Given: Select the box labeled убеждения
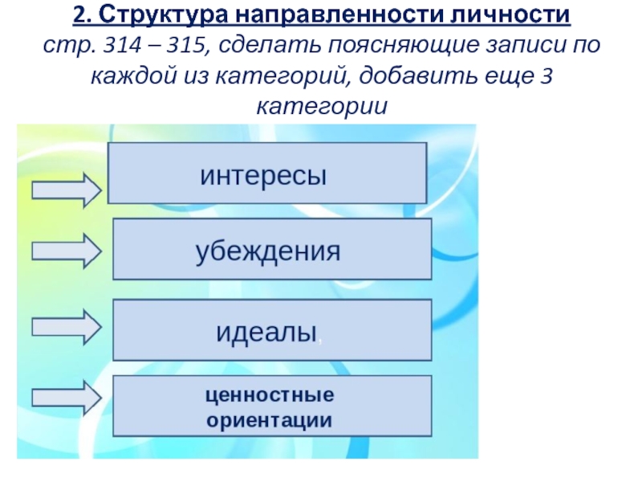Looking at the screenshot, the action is pyautogui.click(x=272, y=251).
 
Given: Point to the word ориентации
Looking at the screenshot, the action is pyautogui.click(x=270, y=419).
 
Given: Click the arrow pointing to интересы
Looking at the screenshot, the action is pyautogui.click(x=67, y=190).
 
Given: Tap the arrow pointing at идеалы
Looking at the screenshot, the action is pyautogui.click(x=67, y=327).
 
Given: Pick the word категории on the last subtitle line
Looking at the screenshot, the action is pyautogui.click(x=321, y=106).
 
